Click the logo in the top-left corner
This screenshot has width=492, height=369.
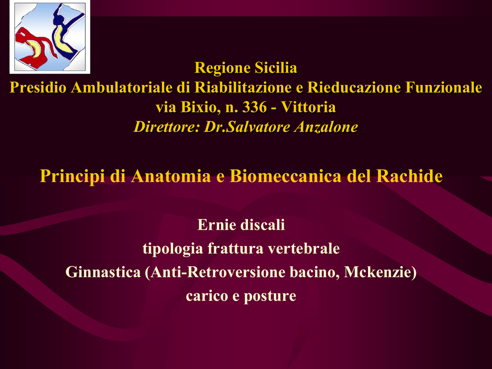50,37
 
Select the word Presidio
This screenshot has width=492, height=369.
38,87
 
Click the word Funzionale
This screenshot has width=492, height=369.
443,87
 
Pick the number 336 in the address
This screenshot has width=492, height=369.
255,107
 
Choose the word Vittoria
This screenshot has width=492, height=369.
308,107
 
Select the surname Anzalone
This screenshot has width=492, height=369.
326,127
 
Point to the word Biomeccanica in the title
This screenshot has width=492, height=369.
285,176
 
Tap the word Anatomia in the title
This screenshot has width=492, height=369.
171,176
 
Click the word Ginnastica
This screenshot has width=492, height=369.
103,272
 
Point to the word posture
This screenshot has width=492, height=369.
270,296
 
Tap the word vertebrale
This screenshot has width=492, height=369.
304,249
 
